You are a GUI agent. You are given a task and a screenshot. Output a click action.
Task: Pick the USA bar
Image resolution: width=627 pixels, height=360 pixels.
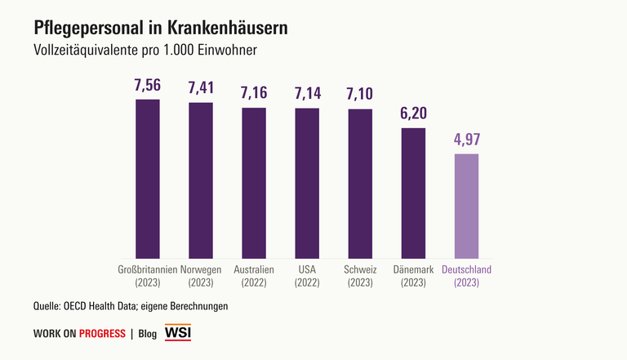[307, 184]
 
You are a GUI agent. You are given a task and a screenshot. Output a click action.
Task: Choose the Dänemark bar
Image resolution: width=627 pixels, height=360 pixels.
[413, 193]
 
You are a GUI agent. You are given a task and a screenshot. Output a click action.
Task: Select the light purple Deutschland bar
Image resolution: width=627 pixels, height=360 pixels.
[466, 207]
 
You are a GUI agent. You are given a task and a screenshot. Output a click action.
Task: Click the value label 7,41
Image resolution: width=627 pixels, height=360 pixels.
[201, 89]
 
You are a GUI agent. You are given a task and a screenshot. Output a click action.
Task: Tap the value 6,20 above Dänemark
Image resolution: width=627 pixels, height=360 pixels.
[413, 114]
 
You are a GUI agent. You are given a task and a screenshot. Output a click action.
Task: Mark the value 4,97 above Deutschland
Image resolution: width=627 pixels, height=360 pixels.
[466, 140]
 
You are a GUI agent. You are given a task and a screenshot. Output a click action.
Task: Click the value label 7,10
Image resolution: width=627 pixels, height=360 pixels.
[360, 95]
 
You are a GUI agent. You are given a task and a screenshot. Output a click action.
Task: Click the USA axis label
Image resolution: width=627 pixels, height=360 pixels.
[307, 269]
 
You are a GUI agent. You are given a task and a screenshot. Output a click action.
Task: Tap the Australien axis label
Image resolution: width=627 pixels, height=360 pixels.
[254, 269]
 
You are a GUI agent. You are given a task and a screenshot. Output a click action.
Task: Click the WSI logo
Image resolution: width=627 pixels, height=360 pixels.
[178, 333]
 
